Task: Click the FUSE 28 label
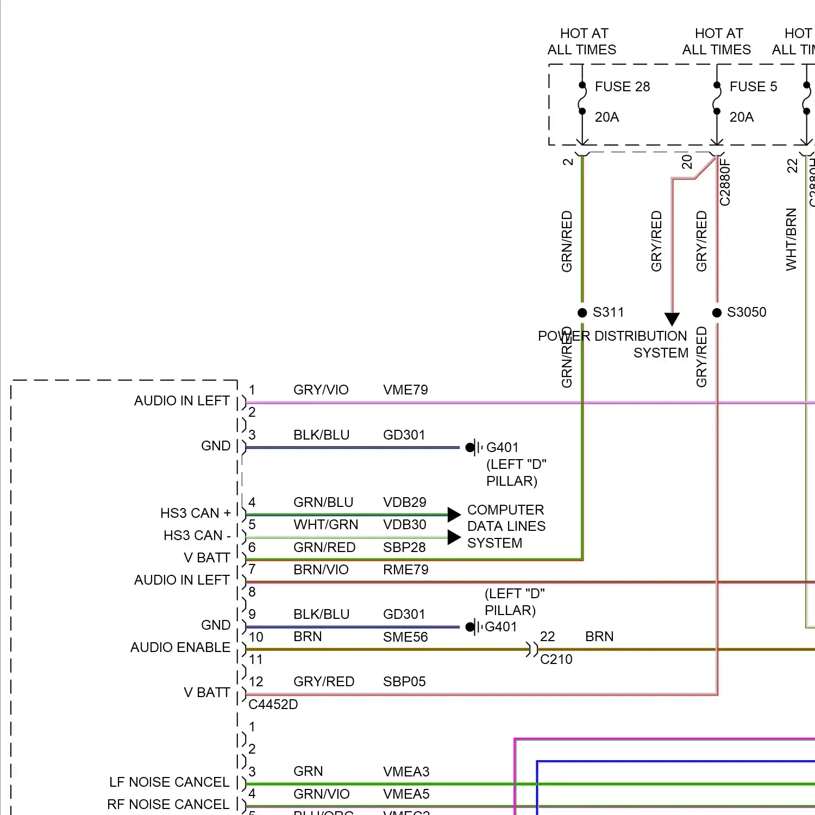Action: pos(622,87)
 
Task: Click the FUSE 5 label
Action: pos(753,87)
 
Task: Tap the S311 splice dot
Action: pos(582,312)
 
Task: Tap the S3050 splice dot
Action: pos(717,312)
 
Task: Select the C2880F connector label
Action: pos(725,182)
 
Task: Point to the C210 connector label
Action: pos(556,659)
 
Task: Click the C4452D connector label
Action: pos(273,704)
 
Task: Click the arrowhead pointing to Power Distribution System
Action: pos(672,319)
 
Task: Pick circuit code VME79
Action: pos(405,390)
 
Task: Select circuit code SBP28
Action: pos(404,547)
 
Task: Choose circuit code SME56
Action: pos(405,637)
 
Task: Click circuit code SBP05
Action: pos(404,681)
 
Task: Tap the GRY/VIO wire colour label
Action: pos(321,390)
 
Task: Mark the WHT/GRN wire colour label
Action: pos(325,525)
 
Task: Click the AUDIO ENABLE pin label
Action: pos(180,648)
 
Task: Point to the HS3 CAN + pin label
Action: pos(195,513)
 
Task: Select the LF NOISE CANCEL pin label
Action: pos(169,782)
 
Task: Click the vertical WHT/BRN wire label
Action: pos(791,239)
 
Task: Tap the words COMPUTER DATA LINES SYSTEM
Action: pos(506,526)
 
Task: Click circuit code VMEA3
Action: pos(406,772)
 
